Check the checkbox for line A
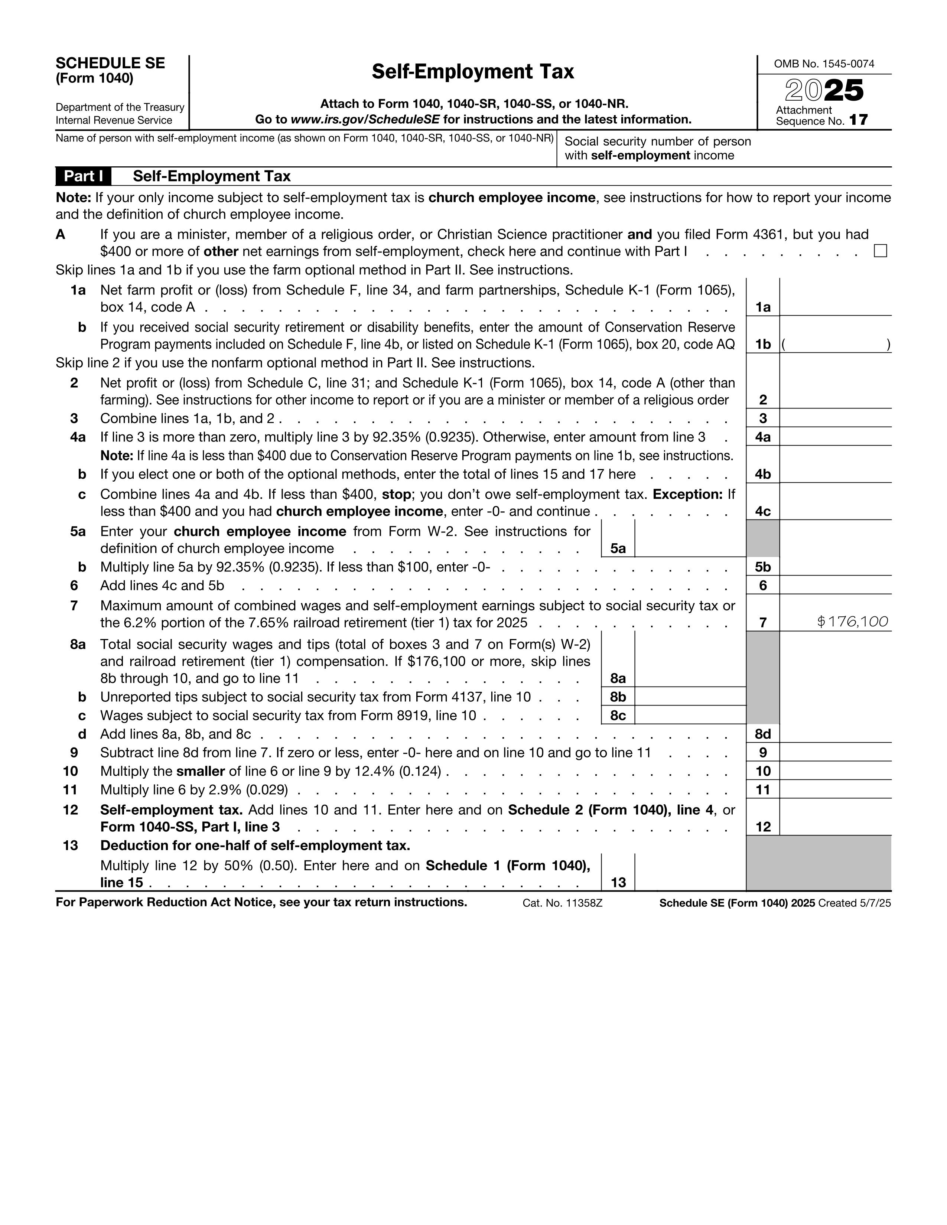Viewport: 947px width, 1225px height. (880, 251)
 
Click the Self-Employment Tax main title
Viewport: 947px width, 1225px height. (473, 72)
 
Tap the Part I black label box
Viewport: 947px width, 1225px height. (83, 176)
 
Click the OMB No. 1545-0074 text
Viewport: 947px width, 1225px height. (824, 64)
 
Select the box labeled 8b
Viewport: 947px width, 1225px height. (618, 697)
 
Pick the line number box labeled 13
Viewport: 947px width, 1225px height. (618, 882)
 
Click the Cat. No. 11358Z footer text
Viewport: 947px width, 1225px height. (562, 903)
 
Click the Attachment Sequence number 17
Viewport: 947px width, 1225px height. (858, 120)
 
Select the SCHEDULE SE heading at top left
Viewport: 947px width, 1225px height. (110, 63)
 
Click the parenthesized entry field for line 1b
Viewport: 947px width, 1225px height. (835, 344)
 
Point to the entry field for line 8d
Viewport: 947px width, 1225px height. (835, 734)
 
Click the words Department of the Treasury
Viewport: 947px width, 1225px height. (120, 107)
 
